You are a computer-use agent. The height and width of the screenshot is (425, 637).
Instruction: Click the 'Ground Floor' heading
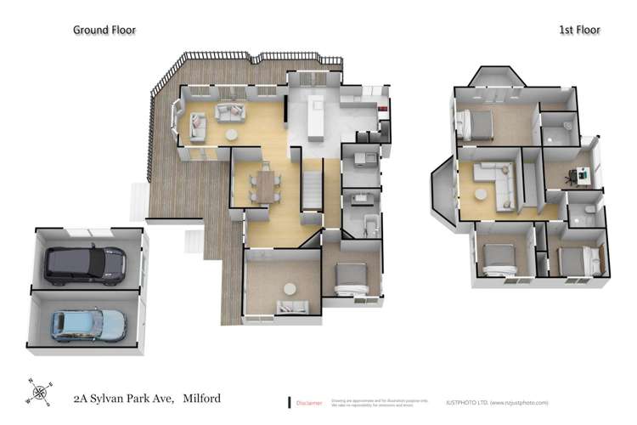[104, 30]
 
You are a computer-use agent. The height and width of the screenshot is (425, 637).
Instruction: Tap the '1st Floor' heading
[579, 30]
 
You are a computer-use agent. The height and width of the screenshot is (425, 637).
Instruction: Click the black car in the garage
[85, 264]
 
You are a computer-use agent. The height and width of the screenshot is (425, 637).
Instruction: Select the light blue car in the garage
[87, 324]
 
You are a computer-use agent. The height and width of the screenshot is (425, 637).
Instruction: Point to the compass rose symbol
[39, 393]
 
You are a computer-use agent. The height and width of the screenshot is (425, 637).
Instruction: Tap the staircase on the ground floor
[312, 187]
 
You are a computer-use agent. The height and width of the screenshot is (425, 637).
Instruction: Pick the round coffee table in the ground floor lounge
[231, 134]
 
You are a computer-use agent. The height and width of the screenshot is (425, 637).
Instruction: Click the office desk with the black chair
[583, 176]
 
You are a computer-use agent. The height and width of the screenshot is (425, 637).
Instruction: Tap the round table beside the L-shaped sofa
[482, 194]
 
